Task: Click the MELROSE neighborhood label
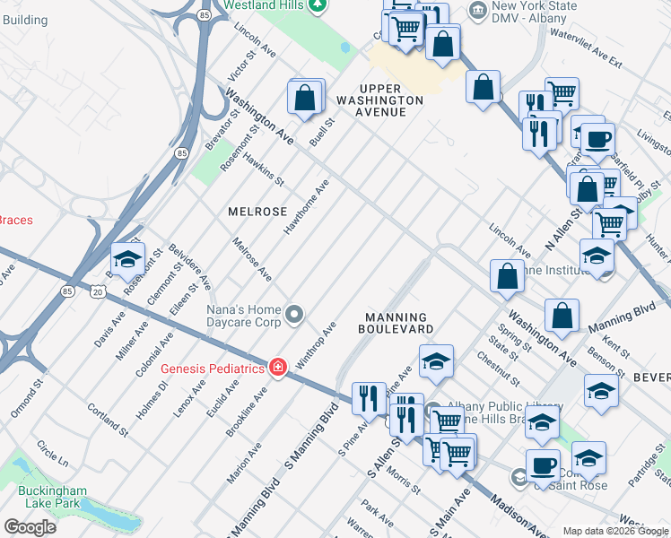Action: point(257,212)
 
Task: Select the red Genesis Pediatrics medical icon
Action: point(278,369)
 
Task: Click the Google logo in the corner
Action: point(30,526)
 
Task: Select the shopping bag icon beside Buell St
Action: point(305,97)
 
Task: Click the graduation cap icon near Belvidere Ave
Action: point(127,258)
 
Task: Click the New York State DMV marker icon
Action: point(477,12)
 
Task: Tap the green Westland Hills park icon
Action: point(316,6)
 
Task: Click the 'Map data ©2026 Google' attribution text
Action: point(615,531)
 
